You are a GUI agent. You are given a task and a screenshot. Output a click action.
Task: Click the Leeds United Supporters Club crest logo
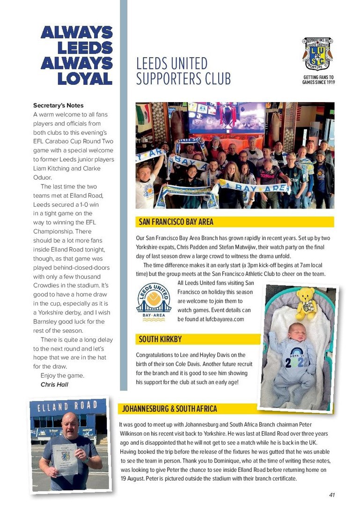tap(317, 53)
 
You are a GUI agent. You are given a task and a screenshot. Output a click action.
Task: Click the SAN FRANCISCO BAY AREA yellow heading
tap(176, 222)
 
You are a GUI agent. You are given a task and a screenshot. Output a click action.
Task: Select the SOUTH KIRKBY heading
tap(160, 339)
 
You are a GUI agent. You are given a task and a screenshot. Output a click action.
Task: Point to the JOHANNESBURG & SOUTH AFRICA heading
tap(169, 409)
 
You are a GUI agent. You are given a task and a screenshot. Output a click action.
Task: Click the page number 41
tap(331, 495)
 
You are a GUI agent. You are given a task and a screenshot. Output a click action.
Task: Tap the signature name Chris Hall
tap(54, 385)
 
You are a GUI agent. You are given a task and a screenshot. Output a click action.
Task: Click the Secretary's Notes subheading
tap(59, 105)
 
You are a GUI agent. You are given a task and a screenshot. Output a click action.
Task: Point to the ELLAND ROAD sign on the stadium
tap(67, 406)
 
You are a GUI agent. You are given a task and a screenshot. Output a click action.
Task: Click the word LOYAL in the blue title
tap(85, 78)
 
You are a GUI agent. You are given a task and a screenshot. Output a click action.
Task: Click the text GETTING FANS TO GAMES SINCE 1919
tap(318, 80)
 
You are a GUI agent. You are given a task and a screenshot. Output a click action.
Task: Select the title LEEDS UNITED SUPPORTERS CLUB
tap(184, 71)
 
